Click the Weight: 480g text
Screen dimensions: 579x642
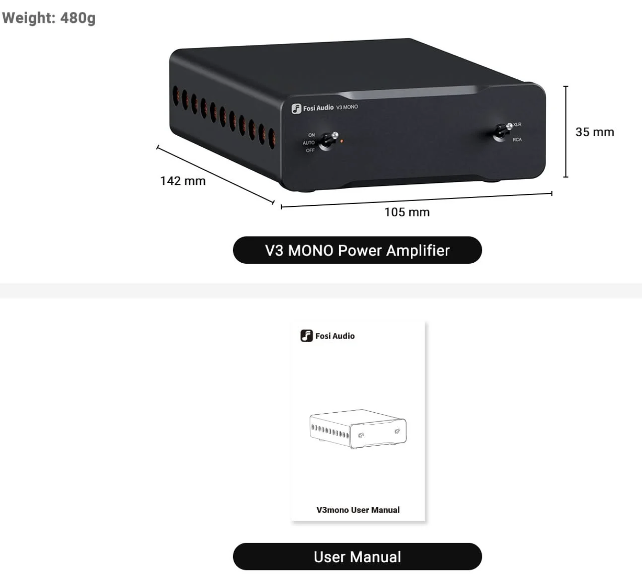49,18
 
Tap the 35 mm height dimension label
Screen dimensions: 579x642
594,132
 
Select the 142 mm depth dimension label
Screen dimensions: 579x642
182,181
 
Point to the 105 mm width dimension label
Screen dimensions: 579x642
407,212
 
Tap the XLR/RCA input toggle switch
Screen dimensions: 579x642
502,131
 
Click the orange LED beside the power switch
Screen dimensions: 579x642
342,141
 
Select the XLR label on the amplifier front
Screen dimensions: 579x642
517,125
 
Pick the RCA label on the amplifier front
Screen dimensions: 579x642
517,139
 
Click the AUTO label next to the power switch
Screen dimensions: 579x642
309,143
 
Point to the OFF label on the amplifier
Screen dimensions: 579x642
310,150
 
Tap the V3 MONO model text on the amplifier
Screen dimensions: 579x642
347,107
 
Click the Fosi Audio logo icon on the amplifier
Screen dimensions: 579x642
296,109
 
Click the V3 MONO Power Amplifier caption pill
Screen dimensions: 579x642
357,250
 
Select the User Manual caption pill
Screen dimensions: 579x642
357,557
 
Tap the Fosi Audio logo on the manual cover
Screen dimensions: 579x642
328,336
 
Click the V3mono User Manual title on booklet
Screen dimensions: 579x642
358,510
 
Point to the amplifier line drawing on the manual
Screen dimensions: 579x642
358,429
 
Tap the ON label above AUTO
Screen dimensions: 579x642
311,135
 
